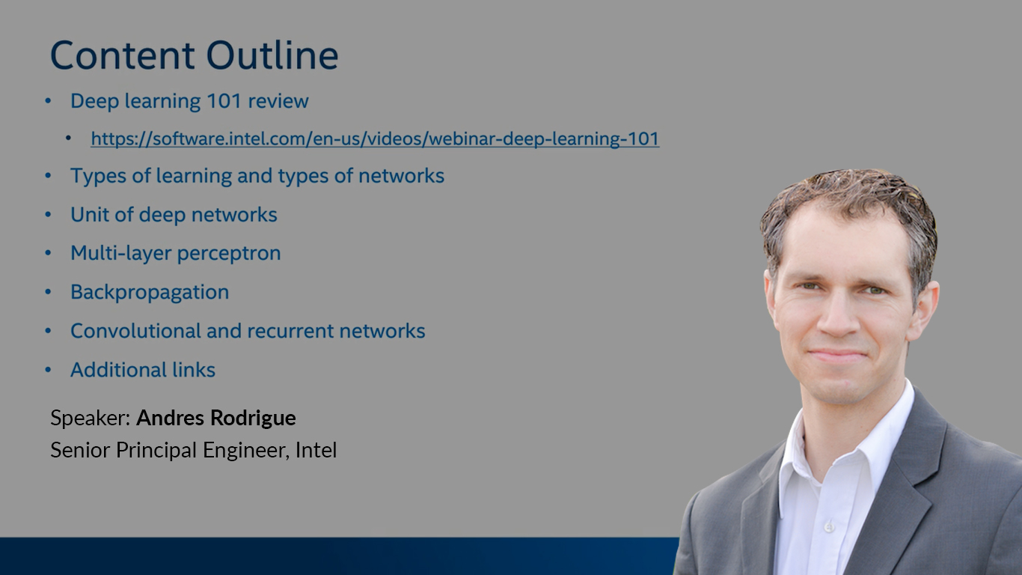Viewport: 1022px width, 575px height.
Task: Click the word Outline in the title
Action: point(272,55)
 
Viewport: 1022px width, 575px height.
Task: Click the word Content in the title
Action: point(122,55)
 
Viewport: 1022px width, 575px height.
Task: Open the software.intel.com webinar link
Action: point(375,139)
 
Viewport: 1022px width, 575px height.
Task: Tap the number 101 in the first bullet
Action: point(224,101)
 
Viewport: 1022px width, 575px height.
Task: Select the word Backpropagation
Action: point(150,292)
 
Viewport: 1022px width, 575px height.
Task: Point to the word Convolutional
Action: point(135,331)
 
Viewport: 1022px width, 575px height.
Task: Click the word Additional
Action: point(118,370)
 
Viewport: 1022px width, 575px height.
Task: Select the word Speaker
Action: point(91,419)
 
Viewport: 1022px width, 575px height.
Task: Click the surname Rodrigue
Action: point(253,419)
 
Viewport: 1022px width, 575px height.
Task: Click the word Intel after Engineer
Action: point(316,450)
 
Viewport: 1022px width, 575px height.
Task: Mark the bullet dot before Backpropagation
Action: point(49,292)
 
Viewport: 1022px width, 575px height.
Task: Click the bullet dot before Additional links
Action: point(49,370)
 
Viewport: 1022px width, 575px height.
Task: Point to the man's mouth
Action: point(838,355)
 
